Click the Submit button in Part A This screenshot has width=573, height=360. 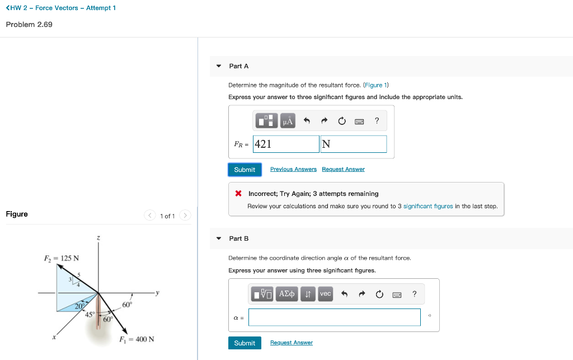pyautogui.click(x=245, y=170)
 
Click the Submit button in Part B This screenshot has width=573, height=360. pyautogui.click(x=245, y=343)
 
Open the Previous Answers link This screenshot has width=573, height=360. pyautogui.click(x=293, y=169)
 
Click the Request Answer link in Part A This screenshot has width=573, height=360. pyautogui.click(x=343, y=169)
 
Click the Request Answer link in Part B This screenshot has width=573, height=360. pyautogui.click(x=291, y=343)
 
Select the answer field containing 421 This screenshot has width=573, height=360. pyautogui.click(x=286, y=144)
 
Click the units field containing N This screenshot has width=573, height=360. pyautogui.click(x=353, y=144)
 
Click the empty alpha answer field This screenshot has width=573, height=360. pyautogui.click(x=334, y=317)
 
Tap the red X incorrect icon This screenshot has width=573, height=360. pyautogui.click(x=238, y=194)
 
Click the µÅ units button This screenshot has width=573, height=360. pyautogui.click(x=288, y=121)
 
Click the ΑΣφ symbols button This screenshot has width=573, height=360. pyautogui.click(x=287, y=294)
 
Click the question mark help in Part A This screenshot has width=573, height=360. pyautogui.click(x=377, y=120)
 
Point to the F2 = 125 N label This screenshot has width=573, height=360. pyautogui.click(x=62, y=258)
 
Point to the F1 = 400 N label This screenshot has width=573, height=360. pyautogui.click(x=137, y=339)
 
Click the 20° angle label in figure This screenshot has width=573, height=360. pyautogui.click(x=80, y=305)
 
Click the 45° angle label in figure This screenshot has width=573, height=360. pyautogui.click(x=90, y=314)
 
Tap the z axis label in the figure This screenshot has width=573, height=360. pyautogui.click(x=98, y=239)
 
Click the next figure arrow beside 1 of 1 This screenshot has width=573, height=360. pyautogui.click(x=186, y=216)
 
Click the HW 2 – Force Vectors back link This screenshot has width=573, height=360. pyautogui.click(x=60, y=8)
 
